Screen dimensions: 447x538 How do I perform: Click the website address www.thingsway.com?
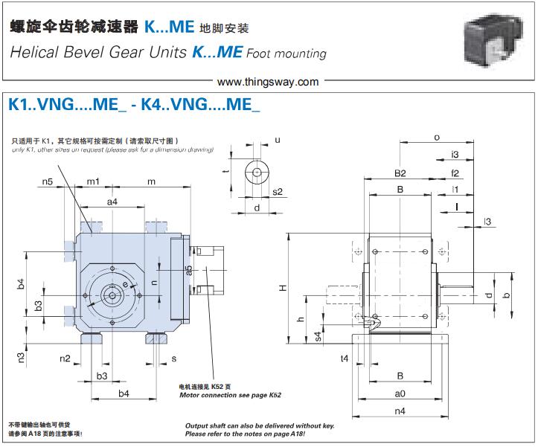click(x=270, y=82)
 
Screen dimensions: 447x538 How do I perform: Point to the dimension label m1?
click(x=93, y=181)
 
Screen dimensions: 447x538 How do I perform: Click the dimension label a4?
click(x=112, y=202)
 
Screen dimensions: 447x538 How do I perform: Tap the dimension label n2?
click(x=65, y=358)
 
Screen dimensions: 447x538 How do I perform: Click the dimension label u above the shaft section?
click(x=278, y=139)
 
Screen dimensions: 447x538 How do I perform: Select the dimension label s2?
click(x=278, y=191)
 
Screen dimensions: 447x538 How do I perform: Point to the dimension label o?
click(x=437, y=137)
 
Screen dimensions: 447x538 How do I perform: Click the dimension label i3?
click(x=455, y=155)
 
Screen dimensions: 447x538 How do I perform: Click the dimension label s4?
click(x=318, y=336)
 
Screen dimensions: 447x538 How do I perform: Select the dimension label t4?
click(x=344, y=358)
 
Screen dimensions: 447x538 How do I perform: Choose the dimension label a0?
click(x=400, y=393)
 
